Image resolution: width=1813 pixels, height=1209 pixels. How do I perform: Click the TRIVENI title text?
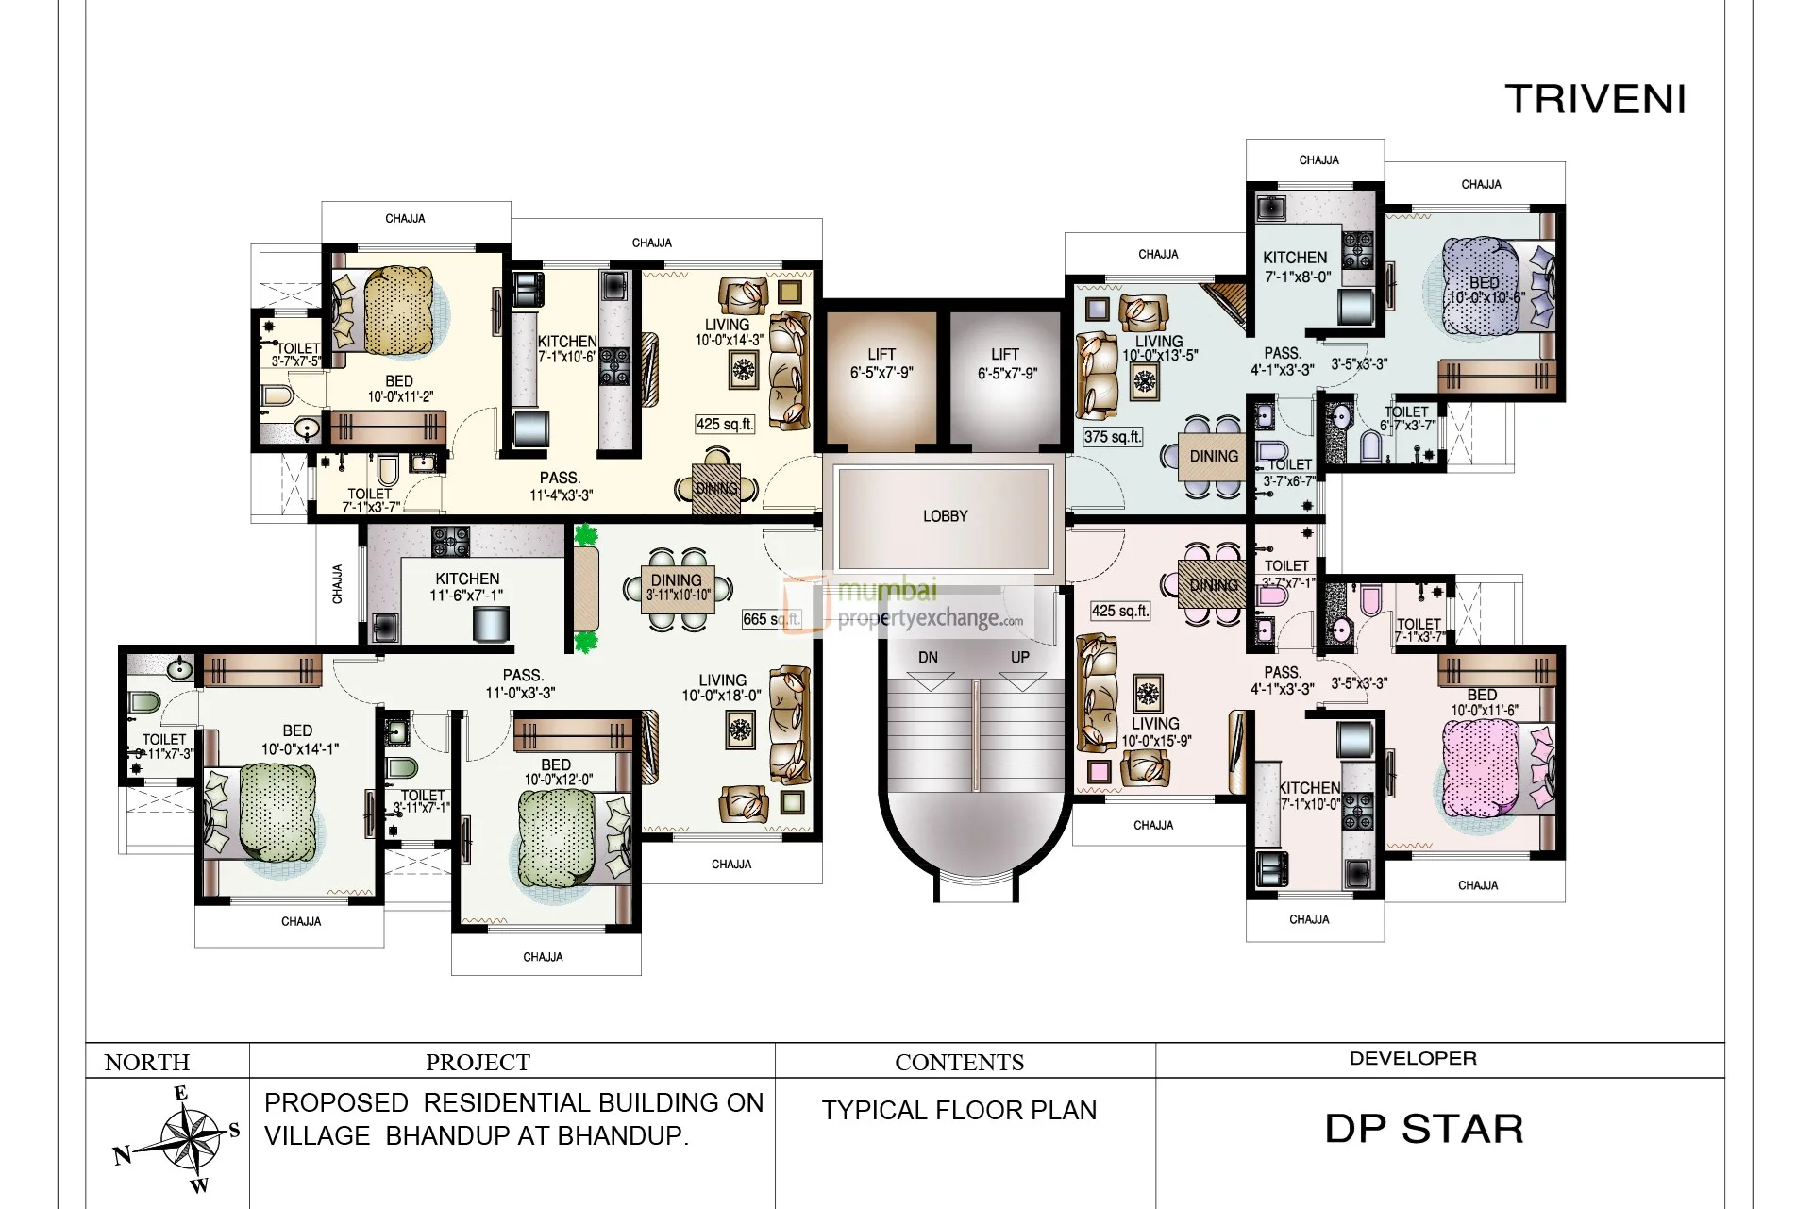point(1595,100)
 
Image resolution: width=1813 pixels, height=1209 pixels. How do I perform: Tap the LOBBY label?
point(945,516)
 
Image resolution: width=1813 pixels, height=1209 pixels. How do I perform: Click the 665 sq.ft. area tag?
point(771,619)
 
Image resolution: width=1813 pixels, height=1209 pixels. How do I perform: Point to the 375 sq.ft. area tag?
point(1113,437)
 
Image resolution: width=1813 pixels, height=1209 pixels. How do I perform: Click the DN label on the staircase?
point(928,657)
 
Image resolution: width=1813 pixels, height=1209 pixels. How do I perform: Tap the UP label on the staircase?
point(1020,657)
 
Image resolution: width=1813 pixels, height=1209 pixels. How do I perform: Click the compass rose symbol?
point(187,1140)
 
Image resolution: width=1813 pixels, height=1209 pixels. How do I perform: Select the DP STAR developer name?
point(1423,1129)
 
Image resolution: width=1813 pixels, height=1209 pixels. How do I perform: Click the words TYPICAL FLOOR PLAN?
point(959,1111)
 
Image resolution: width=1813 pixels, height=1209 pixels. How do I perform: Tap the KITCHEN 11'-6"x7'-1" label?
point(467,586)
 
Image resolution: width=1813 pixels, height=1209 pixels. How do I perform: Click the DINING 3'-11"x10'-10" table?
point(677,589)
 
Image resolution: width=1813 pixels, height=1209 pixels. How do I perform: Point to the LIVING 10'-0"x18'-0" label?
point(722,688)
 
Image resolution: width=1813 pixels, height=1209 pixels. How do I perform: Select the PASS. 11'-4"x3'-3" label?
point(561,486)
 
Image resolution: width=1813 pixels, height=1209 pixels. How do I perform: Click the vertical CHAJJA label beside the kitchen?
point(337,584)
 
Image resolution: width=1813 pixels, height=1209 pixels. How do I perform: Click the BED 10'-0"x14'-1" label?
point(298,740)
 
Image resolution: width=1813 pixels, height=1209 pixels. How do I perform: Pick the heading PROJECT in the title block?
point(478,1063)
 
